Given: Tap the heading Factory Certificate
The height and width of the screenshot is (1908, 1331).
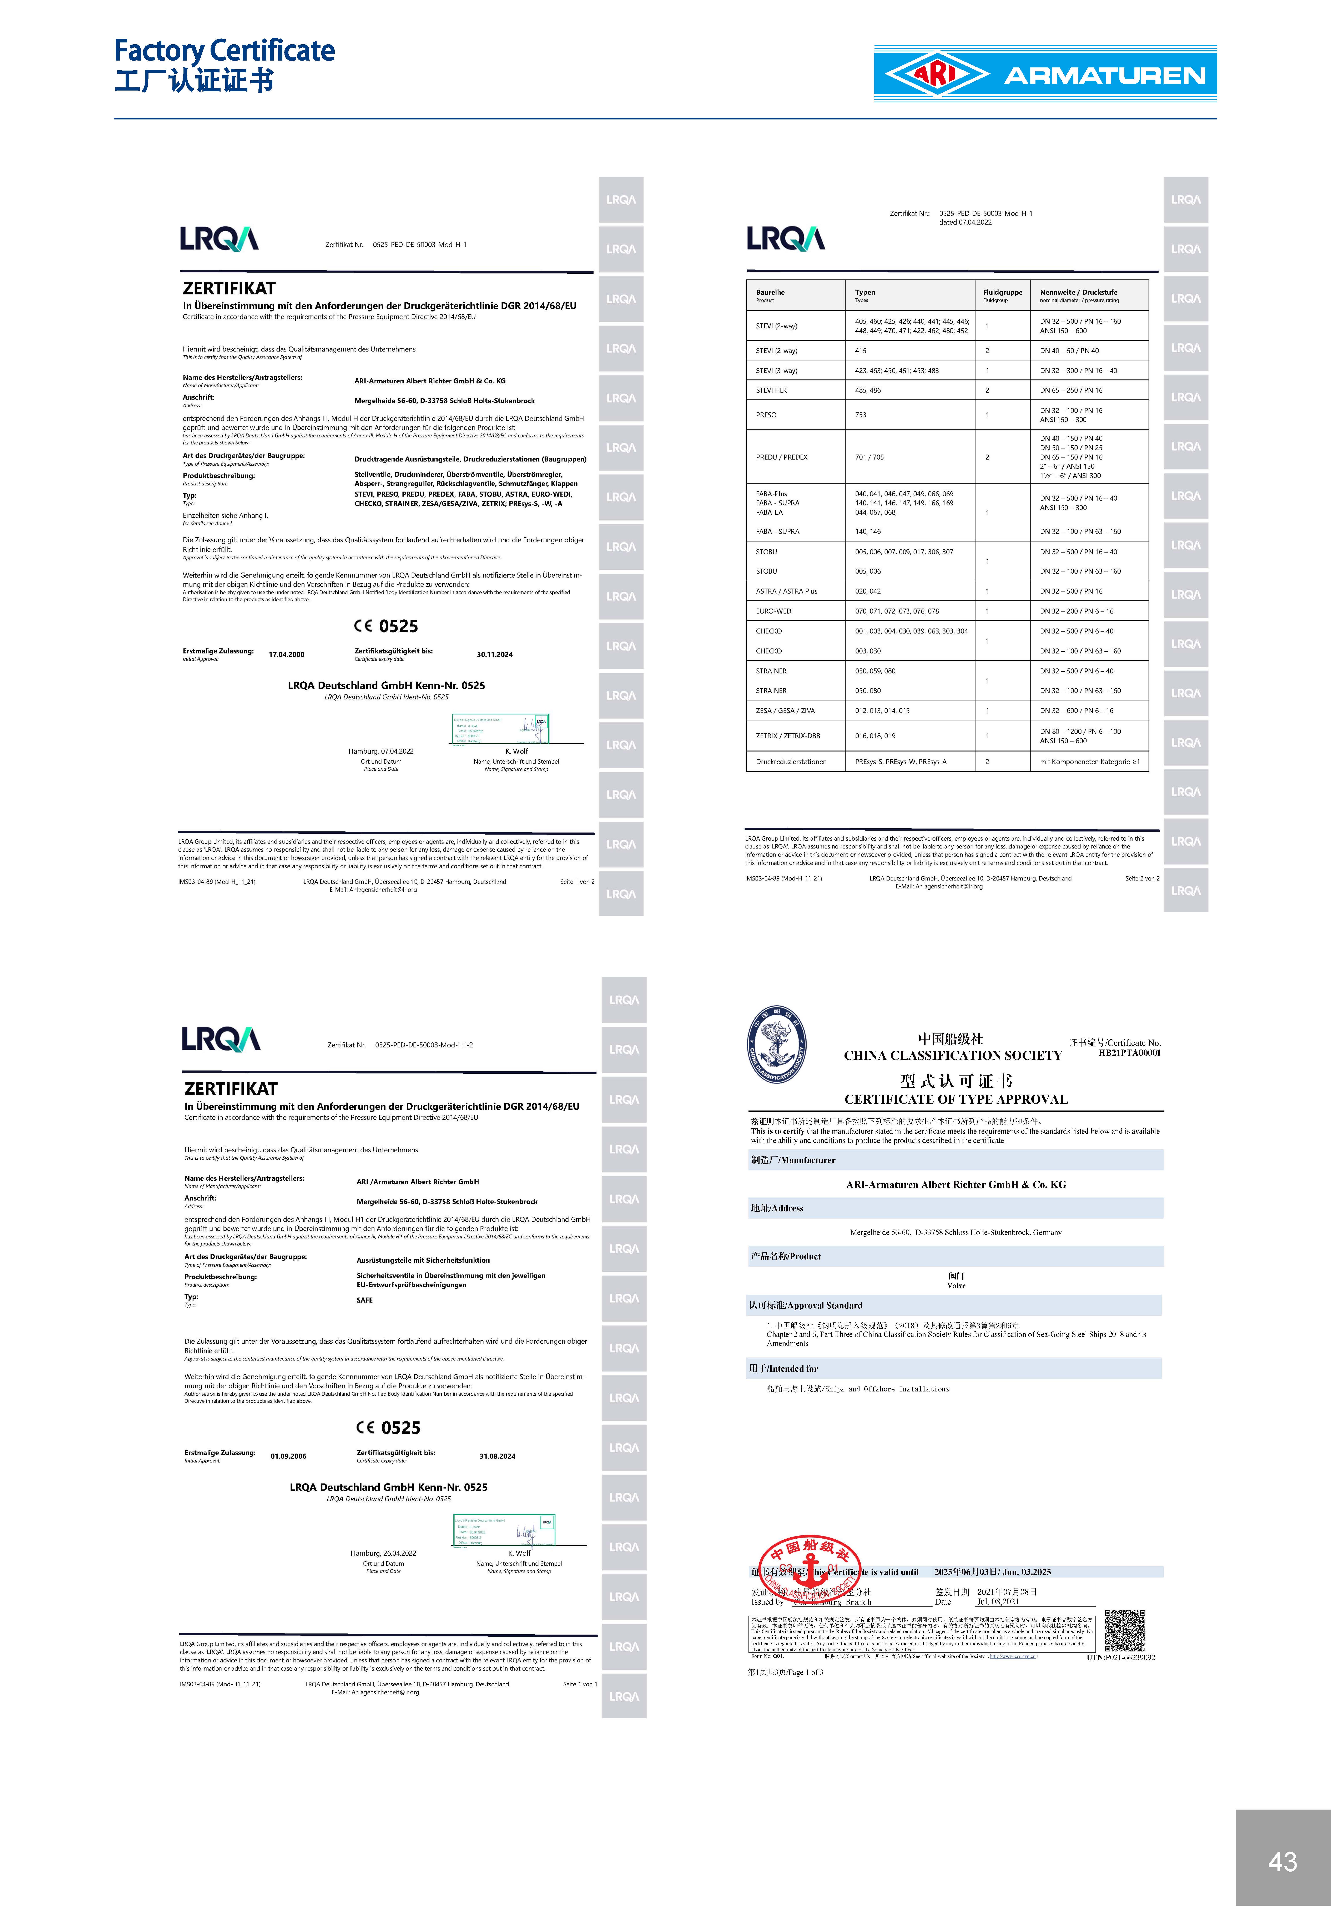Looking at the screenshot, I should pyautogui.click(x=225, y=51).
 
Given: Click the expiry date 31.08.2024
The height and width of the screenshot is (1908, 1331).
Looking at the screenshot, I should pyautogui.click(x=497, y=1456).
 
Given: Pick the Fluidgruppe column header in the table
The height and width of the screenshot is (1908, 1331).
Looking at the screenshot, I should pyautogui.click(x=1003, y=293).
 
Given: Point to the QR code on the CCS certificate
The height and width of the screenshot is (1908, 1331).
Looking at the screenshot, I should pyautogui.click(x=1125, y=1631).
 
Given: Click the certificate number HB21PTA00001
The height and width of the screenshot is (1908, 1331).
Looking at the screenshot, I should pyautogui.click(x=1129, y=1053).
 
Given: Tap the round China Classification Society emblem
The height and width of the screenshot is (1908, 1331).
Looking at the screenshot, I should pyautogui.click(x=776, y=1045).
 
